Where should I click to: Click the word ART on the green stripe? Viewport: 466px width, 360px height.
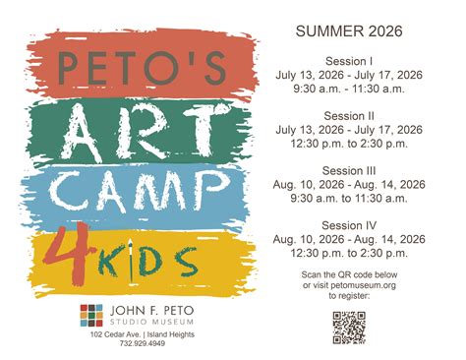coord(141,127)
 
